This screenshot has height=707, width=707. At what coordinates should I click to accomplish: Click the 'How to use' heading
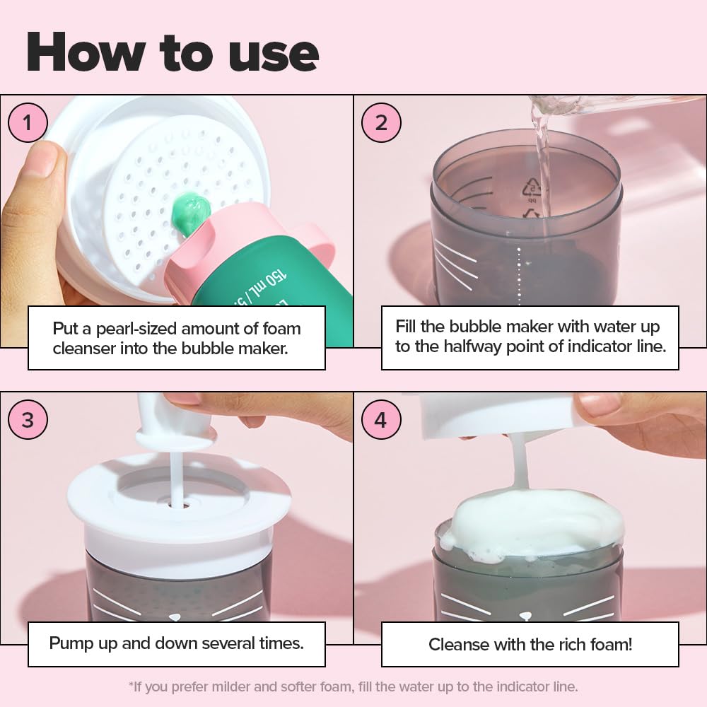coord(173,52)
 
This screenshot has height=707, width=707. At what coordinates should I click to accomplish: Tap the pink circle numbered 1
coord(28,122)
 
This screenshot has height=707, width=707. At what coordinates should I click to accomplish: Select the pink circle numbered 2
coord(381,122)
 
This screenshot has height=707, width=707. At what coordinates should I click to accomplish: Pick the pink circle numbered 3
coord(28,419)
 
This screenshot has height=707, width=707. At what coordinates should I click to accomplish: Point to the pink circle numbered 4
coord(381,419)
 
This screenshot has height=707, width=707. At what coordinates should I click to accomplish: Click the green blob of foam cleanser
coord(190,212)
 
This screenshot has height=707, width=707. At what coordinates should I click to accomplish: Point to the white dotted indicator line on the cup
coord(519,276)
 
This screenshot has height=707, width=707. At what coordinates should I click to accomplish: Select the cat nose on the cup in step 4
coord(525,616)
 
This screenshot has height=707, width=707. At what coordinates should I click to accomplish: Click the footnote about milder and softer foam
coord(353,686)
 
